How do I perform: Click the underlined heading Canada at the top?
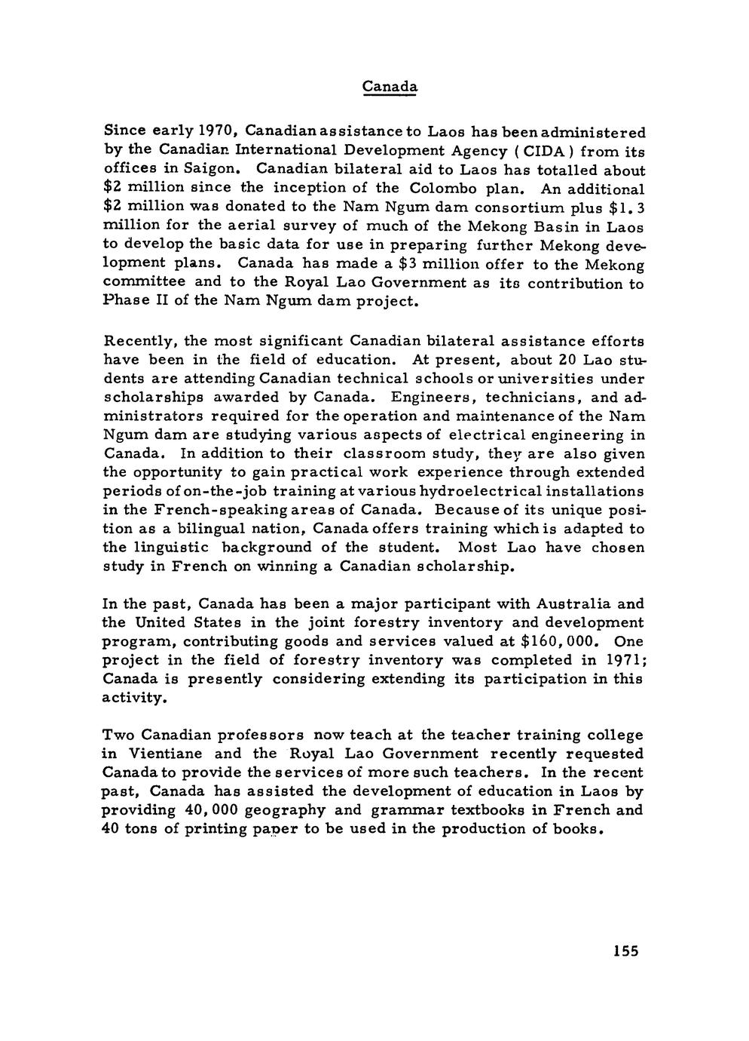pyautogui.click(x=389, y=86)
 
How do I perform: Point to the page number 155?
pyautogui.click(x=625, y=951)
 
